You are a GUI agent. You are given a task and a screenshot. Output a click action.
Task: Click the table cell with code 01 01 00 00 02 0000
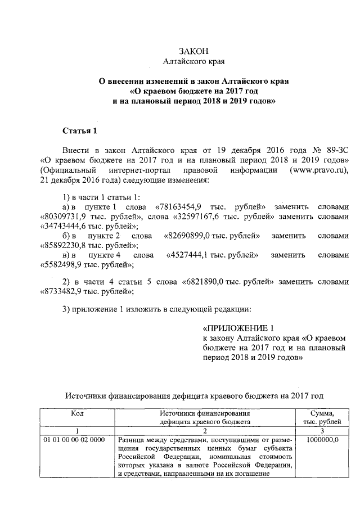coord(73,439)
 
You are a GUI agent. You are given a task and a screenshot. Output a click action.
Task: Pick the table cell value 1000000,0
coord(323,439)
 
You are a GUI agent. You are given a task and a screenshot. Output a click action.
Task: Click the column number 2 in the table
coord(204,430)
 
